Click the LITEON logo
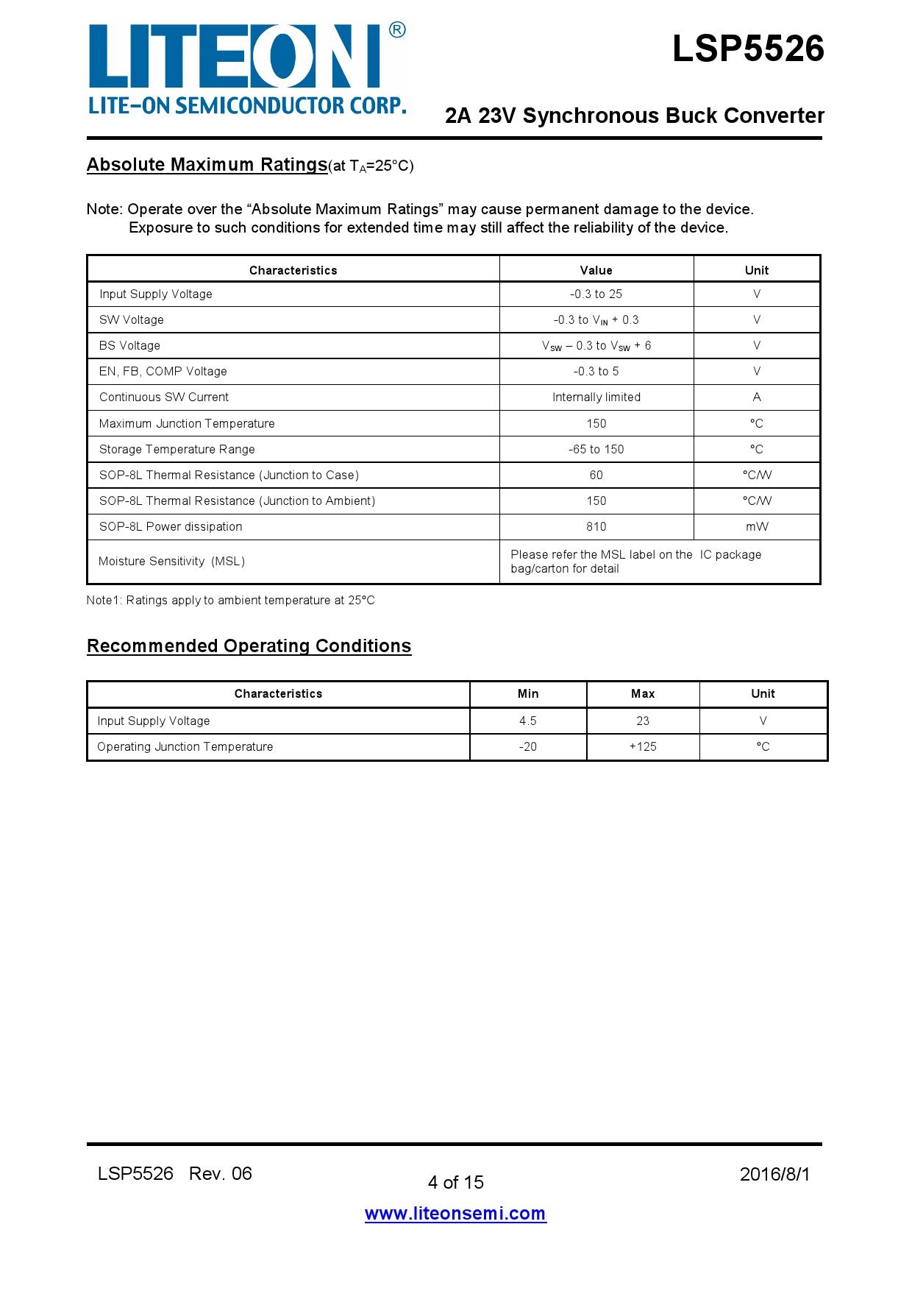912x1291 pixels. click(x=246, y=68)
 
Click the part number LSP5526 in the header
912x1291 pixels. click(x=748, y=49)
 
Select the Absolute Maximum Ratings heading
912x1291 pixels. click(x=207, y=164)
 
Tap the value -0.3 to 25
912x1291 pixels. click(x=596, y=294)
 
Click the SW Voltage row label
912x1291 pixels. click(x=132, y=320)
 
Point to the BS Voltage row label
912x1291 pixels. click(x=129, y=346)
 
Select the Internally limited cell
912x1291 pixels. click(x=596, y=397)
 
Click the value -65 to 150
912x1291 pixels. click(x=596, y=450)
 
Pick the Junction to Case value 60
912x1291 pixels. click(x=596, y=475)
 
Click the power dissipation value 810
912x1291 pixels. click(x=596, y=527)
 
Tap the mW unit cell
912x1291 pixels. click(x=756, y=527)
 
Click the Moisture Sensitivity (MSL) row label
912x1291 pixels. click(x=171, y=562)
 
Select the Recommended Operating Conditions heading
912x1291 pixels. click(x=249, y=645)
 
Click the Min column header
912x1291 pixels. click(x=528, y=694)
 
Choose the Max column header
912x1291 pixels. click(x=643, y=694)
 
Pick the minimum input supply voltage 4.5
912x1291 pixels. click(x=528, y=721)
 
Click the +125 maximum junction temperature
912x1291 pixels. click(x=643, y=747)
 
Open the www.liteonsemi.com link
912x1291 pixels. click(x=455, y=1214)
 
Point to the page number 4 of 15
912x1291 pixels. click(x=455, y=1183)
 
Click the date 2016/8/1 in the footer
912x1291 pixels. click(x=774, y=1175)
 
